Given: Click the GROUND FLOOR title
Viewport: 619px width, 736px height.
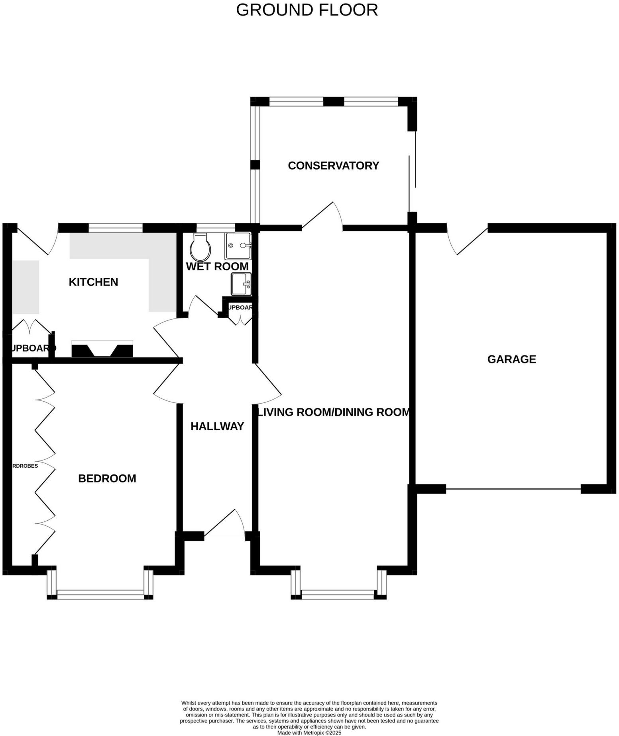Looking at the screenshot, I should (x=307, y=10).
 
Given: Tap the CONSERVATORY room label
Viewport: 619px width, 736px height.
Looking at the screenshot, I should (x=333, y=166).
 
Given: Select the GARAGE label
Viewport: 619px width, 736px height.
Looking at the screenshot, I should (x=511, y=359).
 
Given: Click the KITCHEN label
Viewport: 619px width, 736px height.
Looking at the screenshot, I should (x=93, y=282).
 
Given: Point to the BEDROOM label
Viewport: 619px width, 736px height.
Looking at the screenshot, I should (x=107, y=478).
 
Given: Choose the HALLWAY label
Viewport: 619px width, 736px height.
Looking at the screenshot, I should (x=217, y=426).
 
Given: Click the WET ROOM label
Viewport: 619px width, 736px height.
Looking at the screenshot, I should (x=217, y=267).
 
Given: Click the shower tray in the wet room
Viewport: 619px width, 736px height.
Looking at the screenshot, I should (x=238, y=246).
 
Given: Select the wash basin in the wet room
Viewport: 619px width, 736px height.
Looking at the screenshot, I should (x=242, y=284).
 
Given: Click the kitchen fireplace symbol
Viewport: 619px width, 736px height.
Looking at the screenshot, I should (x=102, y=349).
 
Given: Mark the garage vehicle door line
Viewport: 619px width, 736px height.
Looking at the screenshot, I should (x=513, y=488).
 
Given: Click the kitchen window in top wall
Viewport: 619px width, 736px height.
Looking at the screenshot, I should (x=115, y=228).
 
